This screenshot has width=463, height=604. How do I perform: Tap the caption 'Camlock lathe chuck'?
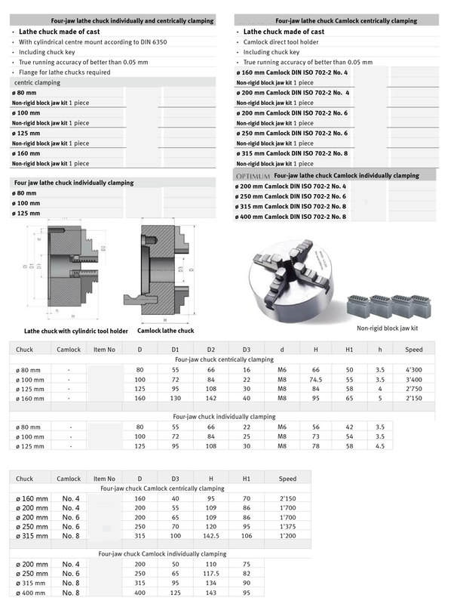point(165,331)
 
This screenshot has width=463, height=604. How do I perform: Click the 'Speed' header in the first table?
point(414,350)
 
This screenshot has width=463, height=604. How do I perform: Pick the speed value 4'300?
point(414,368)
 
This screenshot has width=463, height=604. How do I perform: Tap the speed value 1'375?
point(288,526)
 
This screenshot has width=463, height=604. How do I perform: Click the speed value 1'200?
point(288,535)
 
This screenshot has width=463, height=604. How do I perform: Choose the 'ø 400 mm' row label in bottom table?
point(32,593)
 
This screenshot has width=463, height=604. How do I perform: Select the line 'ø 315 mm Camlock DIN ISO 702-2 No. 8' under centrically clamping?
point(292,153)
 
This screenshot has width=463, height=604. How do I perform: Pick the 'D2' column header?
point(211,350)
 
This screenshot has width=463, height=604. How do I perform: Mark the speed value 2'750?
point(414,388)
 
